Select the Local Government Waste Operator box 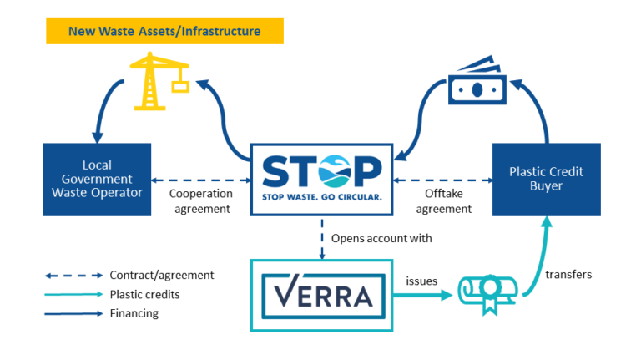pyautogui.click(x=97, y=180)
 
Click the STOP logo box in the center pyautogui.click(x=321, y=179)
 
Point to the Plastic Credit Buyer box pyautogui.click(x=546, y=179)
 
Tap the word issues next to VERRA pyautogui.click(x=421, y=281)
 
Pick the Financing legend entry pyautogui.click(x=134, y=313)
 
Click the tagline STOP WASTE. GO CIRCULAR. pyautogui.click(x=321, y=197)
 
